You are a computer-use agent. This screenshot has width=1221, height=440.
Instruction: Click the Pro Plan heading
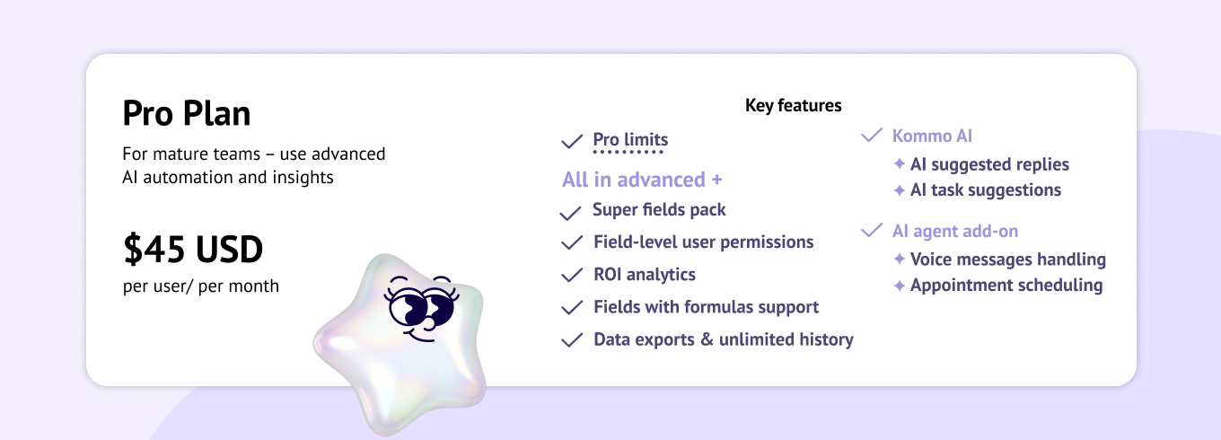coord(187,113)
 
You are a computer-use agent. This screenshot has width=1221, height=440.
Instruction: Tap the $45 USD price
coord(193,249)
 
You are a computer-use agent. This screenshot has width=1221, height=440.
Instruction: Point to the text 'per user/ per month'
coord(200,286)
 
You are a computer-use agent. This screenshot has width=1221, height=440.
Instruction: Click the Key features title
coord(793,105)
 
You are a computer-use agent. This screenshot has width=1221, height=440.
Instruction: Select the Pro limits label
coord(630,139)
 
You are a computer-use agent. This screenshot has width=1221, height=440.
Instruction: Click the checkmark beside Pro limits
coord(572,142)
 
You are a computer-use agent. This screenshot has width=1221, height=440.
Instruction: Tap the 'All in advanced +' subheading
coord(642,180)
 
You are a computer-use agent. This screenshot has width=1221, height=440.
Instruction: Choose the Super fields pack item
coord(659,210)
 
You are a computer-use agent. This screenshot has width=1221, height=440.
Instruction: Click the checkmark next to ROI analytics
coord(572,275)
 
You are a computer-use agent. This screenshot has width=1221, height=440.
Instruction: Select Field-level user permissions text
coord(703,242)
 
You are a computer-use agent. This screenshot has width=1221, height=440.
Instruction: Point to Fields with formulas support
coord(706,307)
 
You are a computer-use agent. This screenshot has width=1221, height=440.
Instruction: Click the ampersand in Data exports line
coord(707,339)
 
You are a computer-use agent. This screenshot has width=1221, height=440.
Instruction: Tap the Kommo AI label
coord(932,136)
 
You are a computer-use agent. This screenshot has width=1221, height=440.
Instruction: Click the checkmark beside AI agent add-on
coord(872,230)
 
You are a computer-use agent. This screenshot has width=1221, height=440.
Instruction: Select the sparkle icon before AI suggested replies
coord(900,163)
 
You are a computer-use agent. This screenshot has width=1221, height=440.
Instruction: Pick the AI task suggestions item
coord(986,189)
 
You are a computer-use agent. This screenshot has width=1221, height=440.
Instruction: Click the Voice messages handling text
coord(1008,260)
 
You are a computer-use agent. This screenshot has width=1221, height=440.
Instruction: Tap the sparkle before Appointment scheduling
coord(900,286)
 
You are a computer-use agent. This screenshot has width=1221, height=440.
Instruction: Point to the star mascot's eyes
coord(421,306)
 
